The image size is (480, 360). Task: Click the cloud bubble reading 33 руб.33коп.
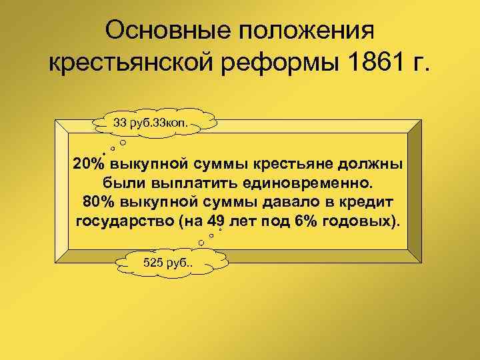click(x=155, y=123)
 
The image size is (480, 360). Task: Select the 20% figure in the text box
click(x=89, y=164)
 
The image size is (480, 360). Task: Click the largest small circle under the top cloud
click(x=123, y=143)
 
